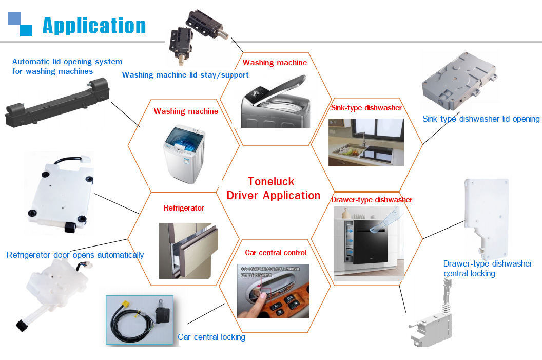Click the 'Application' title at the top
point(94,26)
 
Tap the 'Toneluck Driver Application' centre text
point(273,188)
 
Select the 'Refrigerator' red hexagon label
point(184,208)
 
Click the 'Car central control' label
point(275,253)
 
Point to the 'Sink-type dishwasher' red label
point(366,108)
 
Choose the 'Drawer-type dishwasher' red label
point(372,200)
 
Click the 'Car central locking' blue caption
point(211,337)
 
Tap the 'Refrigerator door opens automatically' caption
point(75,255)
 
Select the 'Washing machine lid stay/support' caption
point(185,75)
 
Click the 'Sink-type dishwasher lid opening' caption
point(481,119)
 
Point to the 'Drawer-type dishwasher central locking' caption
point(488,269)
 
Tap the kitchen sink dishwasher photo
point(366,142)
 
